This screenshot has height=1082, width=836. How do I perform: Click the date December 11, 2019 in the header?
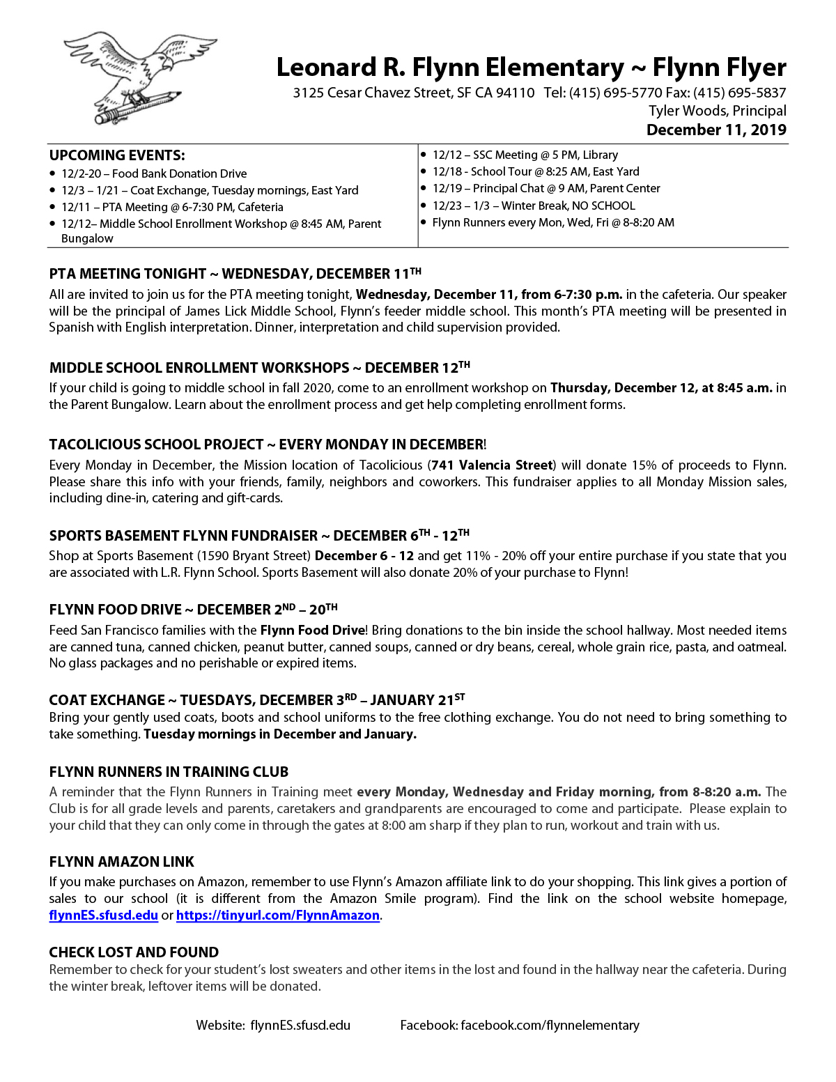(x=716, y=130)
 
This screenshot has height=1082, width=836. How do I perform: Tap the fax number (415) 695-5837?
(x=740, y=93)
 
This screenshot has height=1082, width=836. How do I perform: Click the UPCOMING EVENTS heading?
(x=117, y=155)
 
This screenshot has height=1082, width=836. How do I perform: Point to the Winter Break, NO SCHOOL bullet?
(x=533, y=206)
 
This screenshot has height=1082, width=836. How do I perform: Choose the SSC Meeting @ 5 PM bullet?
(x=525, y=155)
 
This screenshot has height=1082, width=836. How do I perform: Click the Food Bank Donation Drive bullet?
(x=153, y=173)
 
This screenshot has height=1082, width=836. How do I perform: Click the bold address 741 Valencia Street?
(x=492, y=465)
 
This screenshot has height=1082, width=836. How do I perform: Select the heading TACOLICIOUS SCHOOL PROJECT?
(x=156, y=445)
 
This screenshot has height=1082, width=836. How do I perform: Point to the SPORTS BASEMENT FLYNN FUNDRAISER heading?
(x=183, y=536)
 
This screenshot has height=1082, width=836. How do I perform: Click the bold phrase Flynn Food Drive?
(x=312, y=631)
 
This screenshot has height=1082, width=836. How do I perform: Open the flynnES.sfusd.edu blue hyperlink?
(x=103, y=915)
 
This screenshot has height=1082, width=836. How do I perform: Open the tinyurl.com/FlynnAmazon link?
(x=277, y=915)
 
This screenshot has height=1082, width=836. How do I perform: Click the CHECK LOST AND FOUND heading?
(x=134, y=952)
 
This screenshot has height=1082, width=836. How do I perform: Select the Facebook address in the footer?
(x=550, y=1025)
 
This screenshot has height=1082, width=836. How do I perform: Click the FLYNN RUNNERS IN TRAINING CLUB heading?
(x=169, y=772)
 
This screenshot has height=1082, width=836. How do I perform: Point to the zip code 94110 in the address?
(x=515, y=93)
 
